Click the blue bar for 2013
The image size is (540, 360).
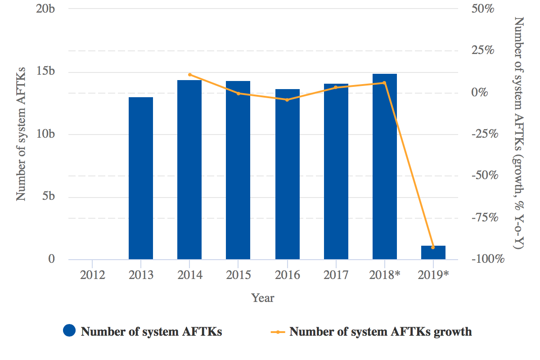coord(141,178)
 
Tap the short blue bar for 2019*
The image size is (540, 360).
coord(433,252)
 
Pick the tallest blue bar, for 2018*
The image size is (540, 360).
coord(385,166)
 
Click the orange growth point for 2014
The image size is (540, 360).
coord(189,75)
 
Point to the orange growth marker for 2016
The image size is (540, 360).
coord(287,99)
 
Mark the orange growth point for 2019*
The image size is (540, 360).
coord(433,247)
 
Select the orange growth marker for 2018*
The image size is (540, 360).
coord(384,83)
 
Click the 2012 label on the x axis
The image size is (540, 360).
coord(92,275)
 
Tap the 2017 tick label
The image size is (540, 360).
coord(336,275)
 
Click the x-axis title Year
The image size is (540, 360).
coord(263,298)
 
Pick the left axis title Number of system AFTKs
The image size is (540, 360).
coord(21,134)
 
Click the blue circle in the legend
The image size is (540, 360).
coord(69,332)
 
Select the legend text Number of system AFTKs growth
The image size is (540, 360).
coord(380,332)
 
